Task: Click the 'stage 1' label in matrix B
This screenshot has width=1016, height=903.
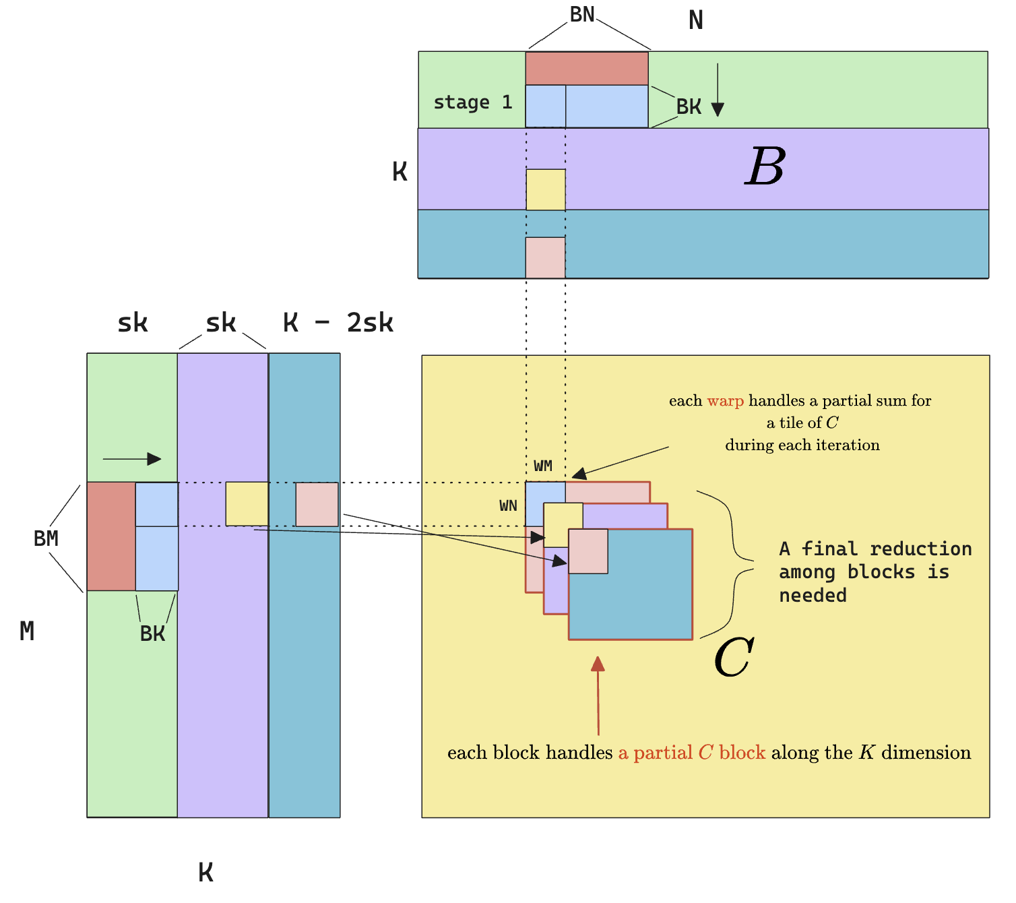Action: point(472,102)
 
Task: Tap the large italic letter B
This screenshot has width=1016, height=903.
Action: point(765,166)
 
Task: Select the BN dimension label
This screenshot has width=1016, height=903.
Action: point(582,14)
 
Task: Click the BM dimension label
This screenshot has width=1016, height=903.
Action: point(46,538)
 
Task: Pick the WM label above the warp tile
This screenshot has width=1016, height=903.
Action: point(542,466)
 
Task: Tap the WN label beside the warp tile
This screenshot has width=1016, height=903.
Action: point(508,505)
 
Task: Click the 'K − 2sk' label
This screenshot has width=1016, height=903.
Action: point(338,323)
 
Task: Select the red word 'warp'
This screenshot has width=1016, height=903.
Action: point(725,401)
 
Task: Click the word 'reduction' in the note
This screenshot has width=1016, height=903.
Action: point(920,549)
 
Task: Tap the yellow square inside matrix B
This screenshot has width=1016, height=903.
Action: point(545,189)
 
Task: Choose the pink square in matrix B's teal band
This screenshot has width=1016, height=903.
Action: point(545,257)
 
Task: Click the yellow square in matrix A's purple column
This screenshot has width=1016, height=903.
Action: point(247,503)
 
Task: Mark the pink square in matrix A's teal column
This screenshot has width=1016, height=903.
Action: point(317,504)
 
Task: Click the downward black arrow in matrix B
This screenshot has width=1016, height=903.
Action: point(718,91)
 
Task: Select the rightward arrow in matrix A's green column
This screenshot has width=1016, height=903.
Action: point(132,459)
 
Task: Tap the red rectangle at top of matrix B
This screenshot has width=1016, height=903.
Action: point(586,68)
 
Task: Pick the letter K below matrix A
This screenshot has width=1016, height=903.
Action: point(205,872)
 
